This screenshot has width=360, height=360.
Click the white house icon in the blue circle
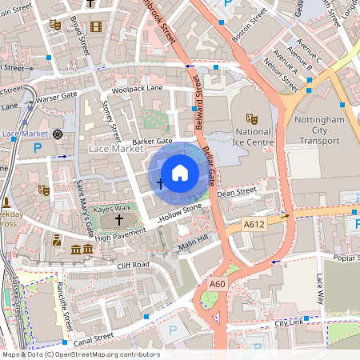[180, 172]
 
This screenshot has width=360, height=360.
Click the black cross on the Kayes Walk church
[120, 219]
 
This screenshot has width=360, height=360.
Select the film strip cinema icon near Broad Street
[97, 26]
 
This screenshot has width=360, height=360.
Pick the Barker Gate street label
[153, 142]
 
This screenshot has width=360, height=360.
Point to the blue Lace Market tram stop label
[21, 134]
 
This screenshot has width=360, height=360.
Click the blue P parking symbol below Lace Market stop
[37, 148]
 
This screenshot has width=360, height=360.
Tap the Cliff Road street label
[134, 265]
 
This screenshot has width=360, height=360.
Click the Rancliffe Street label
[64, 302]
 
